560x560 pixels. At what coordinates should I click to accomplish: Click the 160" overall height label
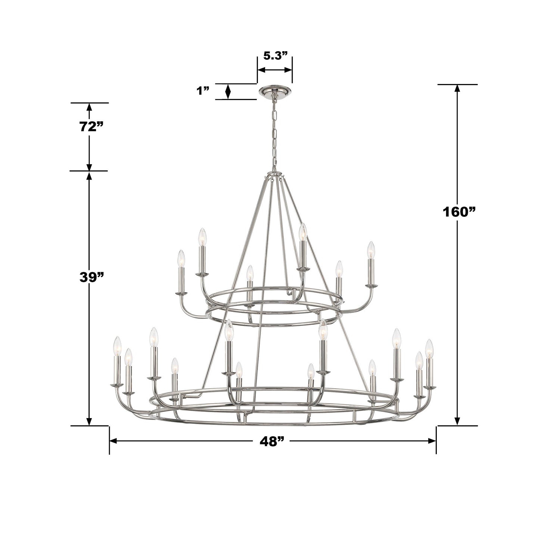click(x=459, y=212)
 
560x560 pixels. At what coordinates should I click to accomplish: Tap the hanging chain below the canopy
click(x=275, y=134)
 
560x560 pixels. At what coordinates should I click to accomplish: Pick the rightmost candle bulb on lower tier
click(x=430, y=348)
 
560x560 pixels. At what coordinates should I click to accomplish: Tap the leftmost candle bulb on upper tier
click(x=181, y=258)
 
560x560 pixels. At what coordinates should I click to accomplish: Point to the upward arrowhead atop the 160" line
click(x=457, y=88)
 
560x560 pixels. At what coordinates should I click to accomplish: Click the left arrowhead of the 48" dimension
click(x=113, y=441)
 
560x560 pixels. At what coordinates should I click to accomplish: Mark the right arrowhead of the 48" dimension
click(x=433, y=441)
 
